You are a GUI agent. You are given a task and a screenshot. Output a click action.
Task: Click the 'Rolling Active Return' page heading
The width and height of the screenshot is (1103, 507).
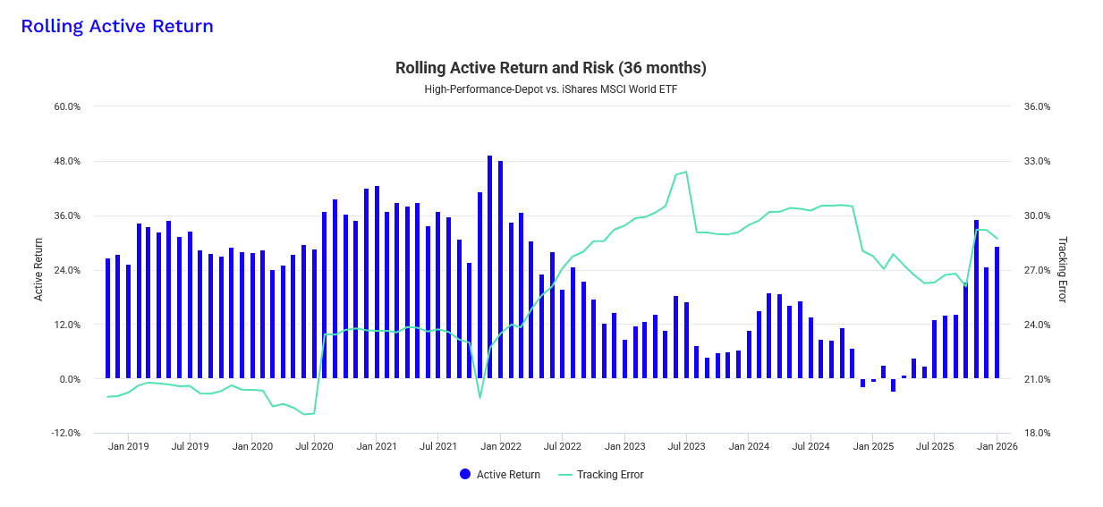117,26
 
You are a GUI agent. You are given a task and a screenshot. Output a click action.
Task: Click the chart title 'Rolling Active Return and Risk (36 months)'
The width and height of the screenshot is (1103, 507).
551,68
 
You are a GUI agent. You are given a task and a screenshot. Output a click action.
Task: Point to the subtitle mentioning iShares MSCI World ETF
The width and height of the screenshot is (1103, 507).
551,89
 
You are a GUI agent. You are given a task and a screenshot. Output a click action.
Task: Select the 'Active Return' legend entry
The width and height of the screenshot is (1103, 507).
500,475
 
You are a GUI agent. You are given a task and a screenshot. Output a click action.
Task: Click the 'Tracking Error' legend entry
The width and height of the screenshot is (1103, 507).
601,475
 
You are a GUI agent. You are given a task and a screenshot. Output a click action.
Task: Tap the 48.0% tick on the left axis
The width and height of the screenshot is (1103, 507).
68,162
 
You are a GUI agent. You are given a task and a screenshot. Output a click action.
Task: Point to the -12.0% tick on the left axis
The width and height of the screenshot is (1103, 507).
67,434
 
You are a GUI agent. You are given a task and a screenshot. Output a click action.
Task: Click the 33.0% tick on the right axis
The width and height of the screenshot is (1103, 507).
1037,162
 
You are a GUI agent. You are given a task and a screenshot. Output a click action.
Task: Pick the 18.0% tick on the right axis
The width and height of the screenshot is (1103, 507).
1037,434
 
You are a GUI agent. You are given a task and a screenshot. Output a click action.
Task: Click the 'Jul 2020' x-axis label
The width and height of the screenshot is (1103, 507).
314,446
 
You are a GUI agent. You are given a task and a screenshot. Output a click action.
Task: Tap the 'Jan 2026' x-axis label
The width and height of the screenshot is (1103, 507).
996,446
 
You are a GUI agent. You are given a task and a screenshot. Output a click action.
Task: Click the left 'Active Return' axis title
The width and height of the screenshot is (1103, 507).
38,269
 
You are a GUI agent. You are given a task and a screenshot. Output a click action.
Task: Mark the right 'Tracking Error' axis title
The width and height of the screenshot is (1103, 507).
1064,269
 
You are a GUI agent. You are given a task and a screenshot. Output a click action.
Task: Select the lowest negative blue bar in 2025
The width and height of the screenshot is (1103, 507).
893,385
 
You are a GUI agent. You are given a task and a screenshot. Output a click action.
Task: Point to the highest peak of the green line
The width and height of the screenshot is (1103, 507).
686,172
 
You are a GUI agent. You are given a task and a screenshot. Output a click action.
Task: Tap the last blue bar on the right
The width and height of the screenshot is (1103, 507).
997,312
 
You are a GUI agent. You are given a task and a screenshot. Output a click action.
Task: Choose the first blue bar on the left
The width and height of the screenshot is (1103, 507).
108,318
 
